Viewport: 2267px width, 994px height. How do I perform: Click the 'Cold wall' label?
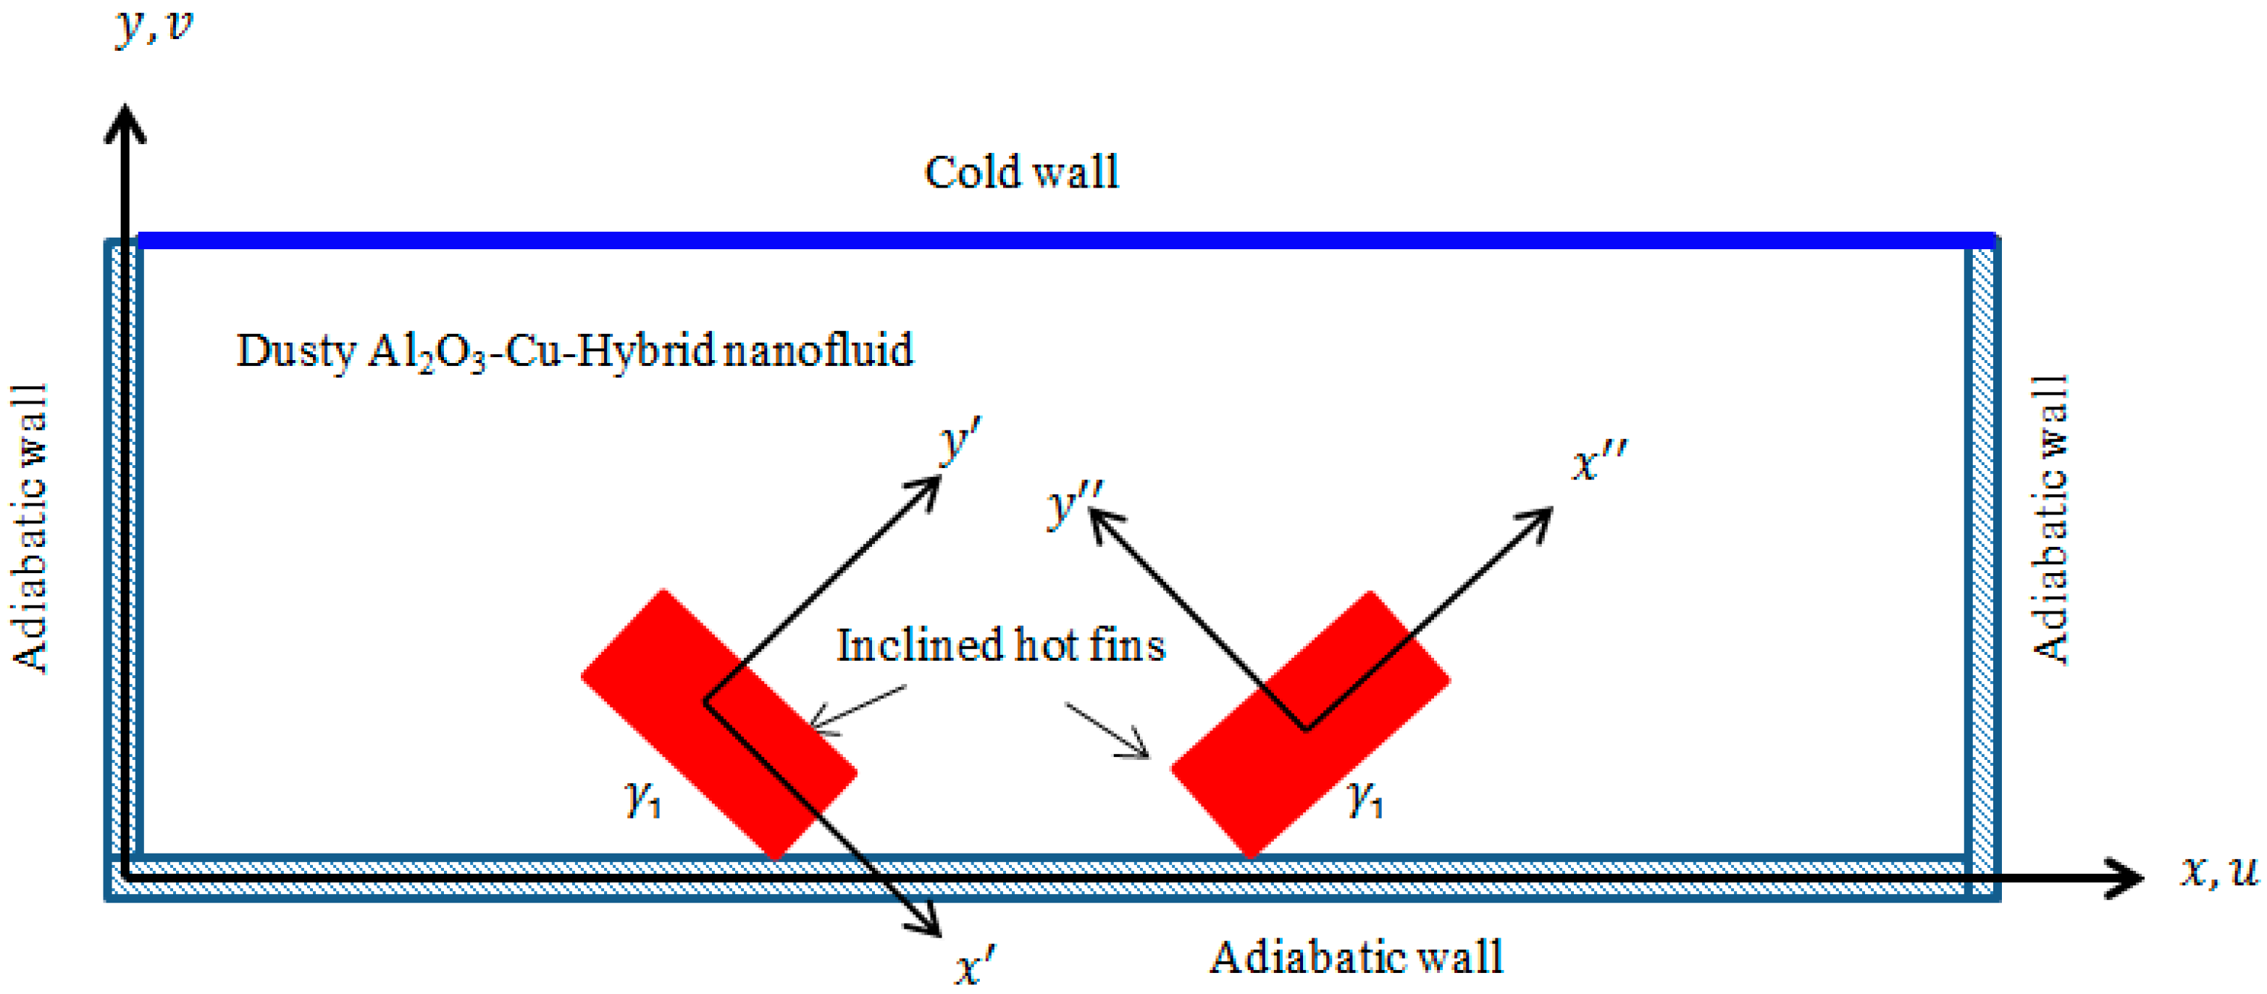1021,172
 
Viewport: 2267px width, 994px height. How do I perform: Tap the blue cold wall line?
1056,241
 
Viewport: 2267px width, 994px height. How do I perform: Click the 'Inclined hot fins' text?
1001,645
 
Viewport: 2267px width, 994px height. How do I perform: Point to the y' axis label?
958,438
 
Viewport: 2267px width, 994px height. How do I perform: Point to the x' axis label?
974,965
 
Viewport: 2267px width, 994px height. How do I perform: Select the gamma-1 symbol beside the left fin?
642,798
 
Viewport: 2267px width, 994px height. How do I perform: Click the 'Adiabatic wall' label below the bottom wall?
1355,957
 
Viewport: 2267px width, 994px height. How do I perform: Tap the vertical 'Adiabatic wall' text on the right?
2050,519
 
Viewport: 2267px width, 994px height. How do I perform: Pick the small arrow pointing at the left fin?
854,709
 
